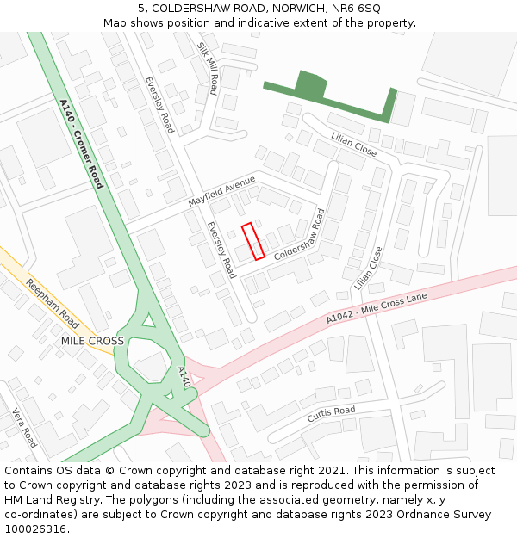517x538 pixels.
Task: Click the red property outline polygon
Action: coord(252,241)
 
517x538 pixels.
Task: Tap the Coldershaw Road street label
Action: coord(300,235)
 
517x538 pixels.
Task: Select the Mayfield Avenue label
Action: coord(222,191)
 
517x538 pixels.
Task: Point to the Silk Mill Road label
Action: coord(207,67)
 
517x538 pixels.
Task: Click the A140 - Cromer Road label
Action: coord(81,144)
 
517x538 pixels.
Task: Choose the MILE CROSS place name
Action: coord(92,341)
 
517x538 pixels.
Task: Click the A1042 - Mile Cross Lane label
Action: coord(377,308)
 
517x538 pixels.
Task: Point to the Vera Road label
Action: coord(24,426)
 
